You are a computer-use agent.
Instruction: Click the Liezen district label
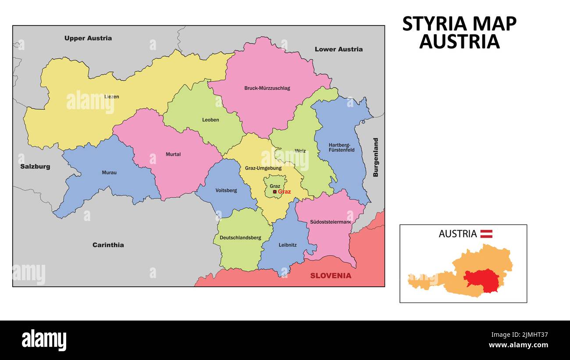coord(111,96)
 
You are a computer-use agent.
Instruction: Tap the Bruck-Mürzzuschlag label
coord(267,88)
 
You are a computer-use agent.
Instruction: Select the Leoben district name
coord(210,120)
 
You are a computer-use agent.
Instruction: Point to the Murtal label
coord(173,154)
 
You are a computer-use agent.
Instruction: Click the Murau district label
coord(109,172)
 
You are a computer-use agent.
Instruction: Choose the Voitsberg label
coord(226,190)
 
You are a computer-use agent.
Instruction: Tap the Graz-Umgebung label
coord(263,168)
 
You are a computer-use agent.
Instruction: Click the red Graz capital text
coord(284,192)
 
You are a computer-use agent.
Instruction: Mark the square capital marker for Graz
coord(274,192)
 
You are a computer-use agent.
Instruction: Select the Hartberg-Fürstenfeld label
coord(342,147)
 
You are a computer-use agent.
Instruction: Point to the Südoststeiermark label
coord(330,222)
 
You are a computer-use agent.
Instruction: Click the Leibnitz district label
coord(288,245)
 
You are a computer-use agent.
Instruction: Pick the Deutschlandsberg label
coord(240,238)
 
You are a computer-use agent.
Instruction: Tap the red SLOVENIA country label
coord(331,276)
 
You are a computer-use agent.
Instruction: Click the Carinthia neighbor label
coord(108,245)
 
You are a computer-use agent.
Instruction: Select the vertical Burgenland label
coord(375,157)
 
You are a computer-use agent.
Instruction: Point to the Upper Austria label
coord(88,38)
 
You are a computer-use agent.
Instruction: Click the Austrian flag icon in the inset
coord(486,234)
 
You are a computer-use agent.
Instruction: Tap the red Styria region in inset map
coord(482,278)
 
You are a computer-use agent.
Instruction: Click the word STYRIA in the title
coord(431,24)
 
